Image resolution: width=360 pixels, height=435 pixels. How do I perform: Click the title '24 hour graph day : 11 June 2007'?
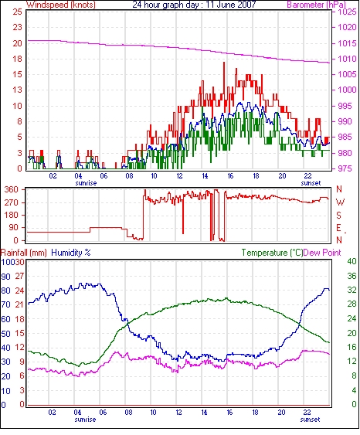pyautogui.click(x=194, y=5)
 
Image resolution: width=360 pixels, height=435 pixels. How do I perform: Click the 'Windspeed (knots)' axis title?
pyautogui.click(x=61, y=5)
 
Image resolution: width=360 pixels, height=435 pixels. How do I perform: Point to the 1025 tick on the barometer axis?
pyautogui.click(x=347, y=12)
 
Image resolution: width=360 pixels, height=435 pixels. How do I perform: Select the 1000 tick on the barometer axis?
pyautogui.click(x=347, y=90)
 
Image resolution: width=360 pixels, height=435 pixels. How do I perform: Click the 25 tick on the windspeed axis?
pyautogui.click(x=18, y=12)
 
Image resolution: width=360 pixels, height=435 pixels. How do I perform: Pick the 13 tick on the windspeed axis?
pyautogui.click(x=18, y=90)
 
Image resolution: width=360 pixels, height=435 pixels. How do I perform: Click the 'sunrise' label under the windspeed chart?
pyautogui.click(x=86, y=183)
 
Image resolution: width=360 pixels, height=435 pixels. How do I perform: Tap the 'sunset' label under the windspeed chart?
pyautogui.click(x=311, y=183)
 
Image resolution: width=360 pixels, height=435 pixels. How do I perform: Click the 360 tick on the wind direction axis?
pyautogui.click(x=12, y=190)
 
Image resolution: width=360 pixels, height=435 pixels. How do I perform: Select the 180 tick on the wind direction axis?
pyautogui.click(x=12, y=215)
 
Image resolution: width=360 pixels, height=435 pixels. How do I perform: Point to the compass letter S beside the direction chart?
pyautogui.click(x=338, y=215)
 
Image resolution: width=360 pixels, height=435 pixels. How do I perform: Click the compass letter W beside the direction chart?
pyautogui.click(x=340, y=202)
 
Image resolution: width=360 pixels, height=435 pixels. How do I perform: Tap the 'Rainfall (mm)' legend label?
pyautogui.click(x=24, y=253)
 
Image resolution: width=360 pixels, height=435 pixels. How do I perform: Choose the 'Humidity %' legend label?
pyautogui.click(x=71, y=253)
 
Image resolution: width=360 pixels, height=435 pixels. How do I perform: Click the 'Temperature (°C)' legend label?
pyautogui.click(x=272, y=253)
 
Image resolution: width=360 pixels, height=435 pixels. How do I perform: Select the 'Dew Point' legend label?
pyautogui.click(x=321, y=253)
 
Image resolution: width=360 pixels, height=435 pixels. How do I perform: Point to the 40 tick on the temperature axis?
pyautogui.click(x=352, y=262)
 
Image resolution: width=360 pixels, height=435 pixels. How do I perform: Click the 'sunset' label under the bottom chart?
pyautogui.click(x=310, y=420)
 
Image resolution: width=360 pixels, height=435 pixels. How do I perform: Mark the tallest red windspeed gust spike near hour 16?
pyautogui.click(x=224, y=63)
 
